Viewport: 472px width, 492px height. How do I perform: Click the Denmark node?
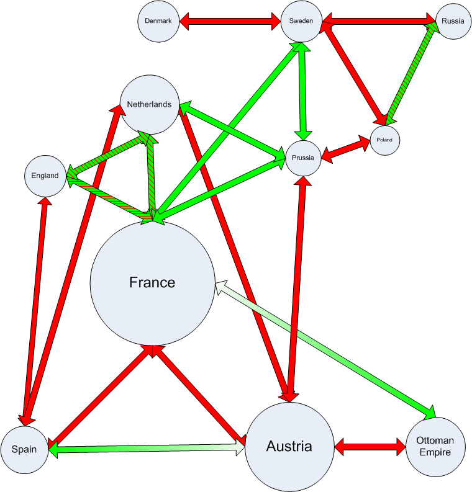(158, 21)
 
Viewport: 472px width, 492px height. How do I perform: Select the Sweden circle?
(301, 21)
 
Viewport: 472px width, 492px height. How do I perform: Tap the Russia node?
(453, 21)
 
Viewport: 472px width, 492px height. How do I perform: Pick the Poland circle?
(384, 140)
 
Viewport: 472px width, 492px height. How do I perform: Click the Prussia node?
(303, 158)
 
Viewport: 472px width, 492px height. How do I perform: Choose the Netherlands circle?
(148, 105)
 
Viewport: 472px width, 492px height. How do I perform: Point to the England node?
(45, 176)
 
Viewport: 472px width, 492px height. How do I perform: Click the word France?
(152, 283)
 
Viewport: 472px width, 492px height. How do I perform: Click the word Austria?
(289, 446)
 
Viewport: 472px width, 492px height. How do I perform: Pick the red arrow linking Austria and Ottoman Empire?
(370, 445)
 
